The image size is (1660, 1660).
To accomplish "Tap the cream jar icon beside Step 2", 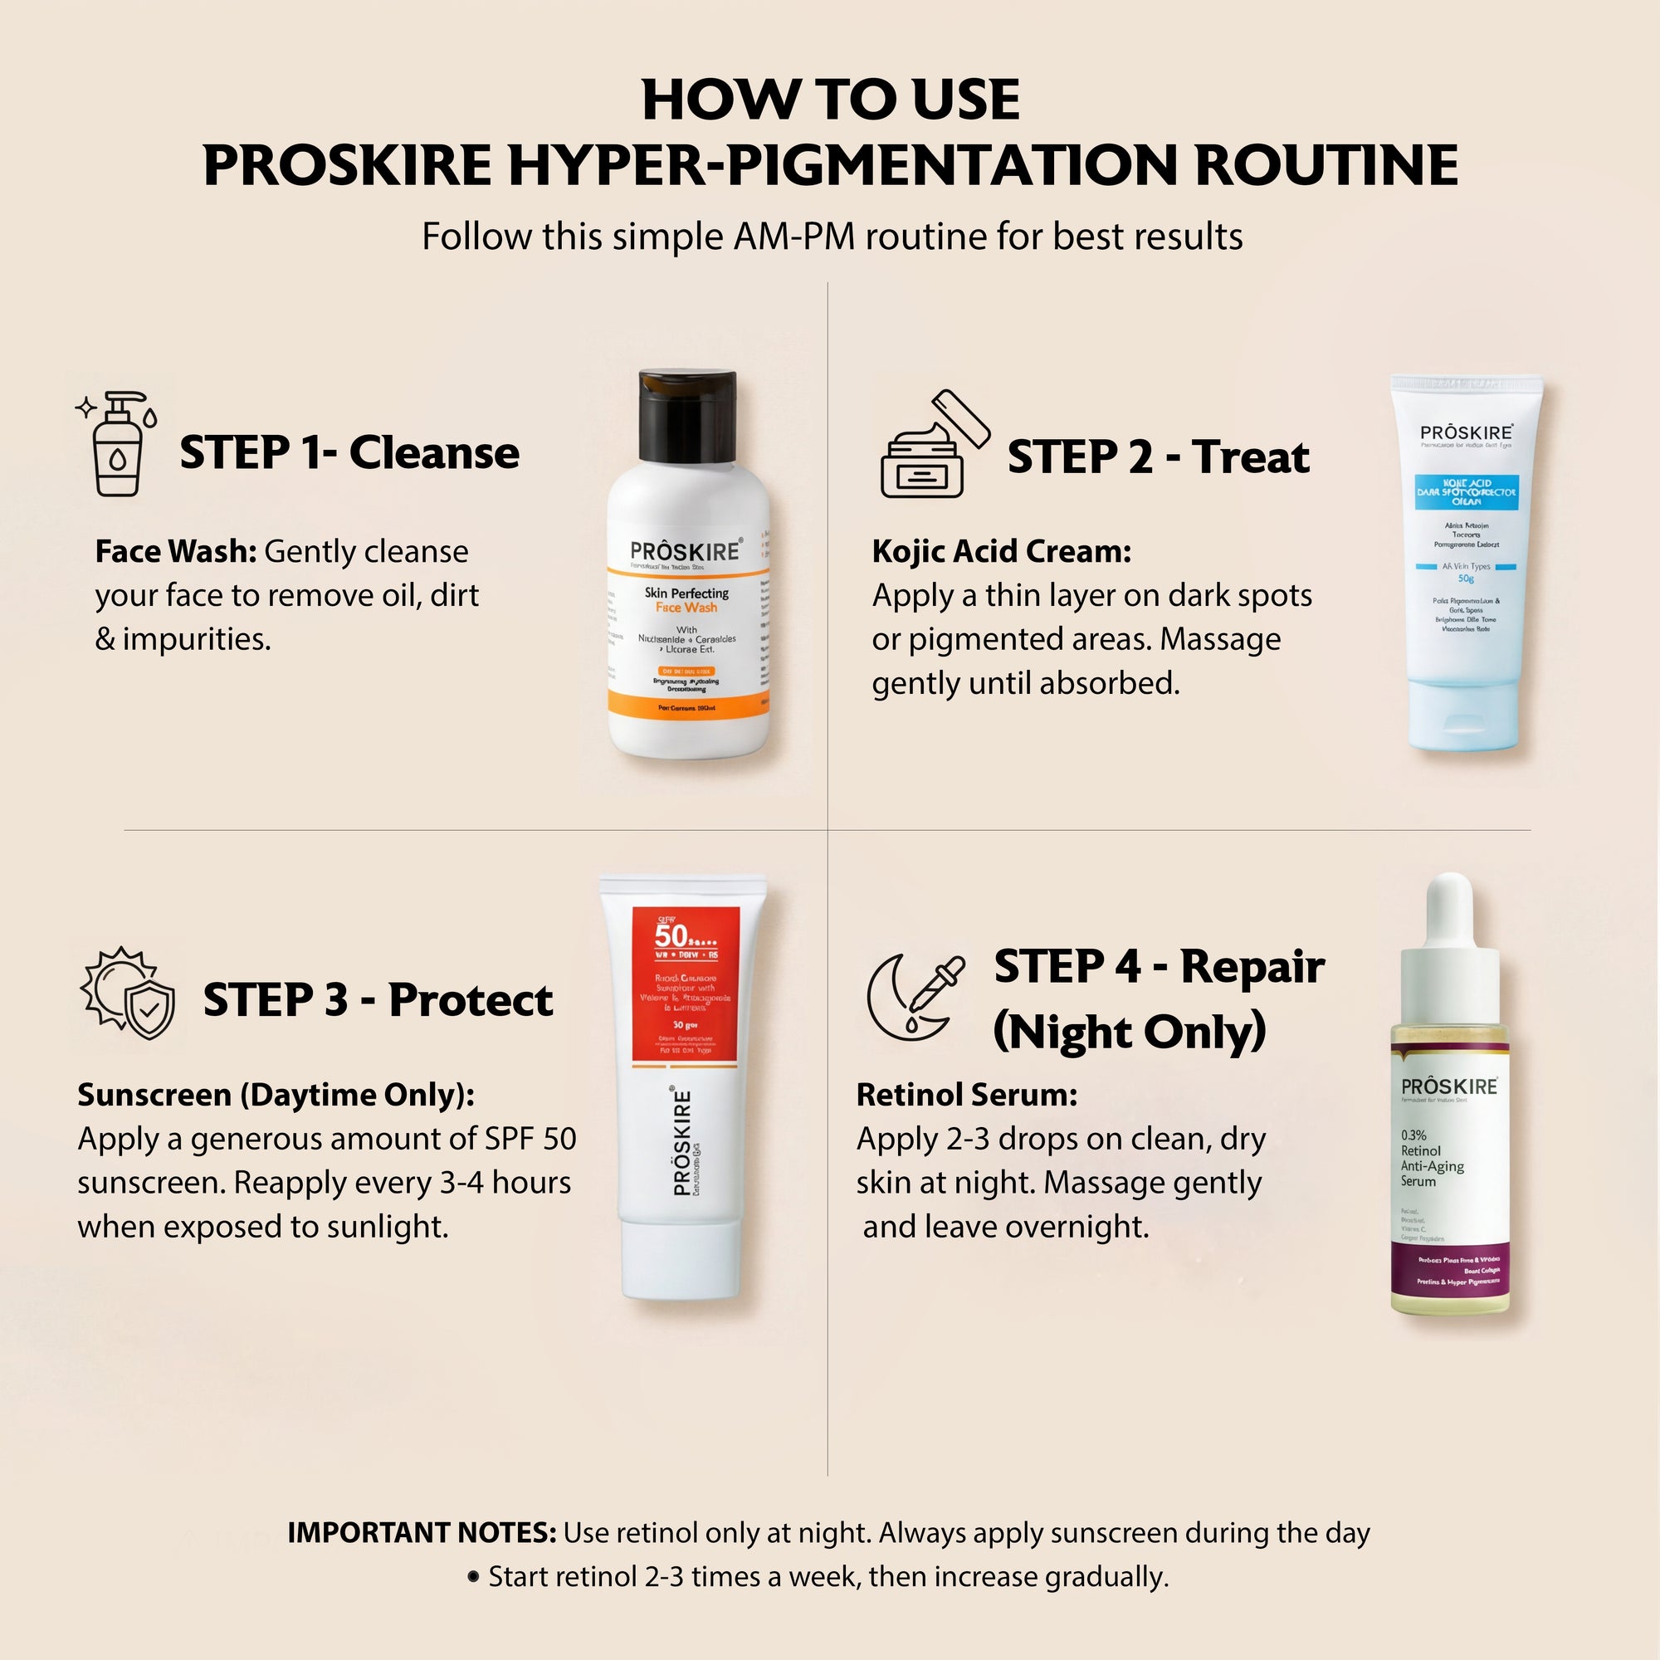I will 931,447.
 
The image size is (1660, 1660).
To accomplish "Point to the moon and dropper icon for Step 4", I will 914,997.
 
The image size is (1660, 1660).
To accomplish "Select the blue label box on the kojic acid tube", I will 1466,491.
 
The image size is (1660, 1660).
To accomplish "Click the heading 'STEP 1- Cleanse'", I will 349,453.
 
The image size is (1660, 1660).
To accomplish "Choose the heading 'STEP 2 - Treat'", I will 1158,456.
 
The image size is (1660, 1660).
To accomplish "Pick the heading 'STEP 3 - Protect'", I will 378,999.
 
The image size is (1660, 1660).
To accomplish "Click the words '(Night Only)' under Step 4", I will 1130,1032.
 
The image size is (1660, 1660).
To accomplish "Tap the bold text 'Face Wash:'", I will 175,552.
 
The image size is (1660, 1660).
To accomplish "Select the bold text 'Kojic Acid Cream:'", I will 1001,552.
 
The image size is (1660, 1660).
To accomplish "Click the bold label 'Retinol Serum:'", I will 967,1095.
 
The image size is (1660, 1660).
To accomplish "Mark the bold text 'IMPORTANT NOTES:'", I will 421,1533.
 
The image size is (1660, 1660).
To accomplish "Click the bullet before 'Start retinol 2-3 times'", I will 473,1577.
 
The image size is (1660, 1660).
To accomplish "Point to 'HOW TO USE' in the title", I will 830,100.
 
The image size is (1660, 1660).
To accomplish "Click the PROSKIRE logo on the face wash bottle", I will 685,552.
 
